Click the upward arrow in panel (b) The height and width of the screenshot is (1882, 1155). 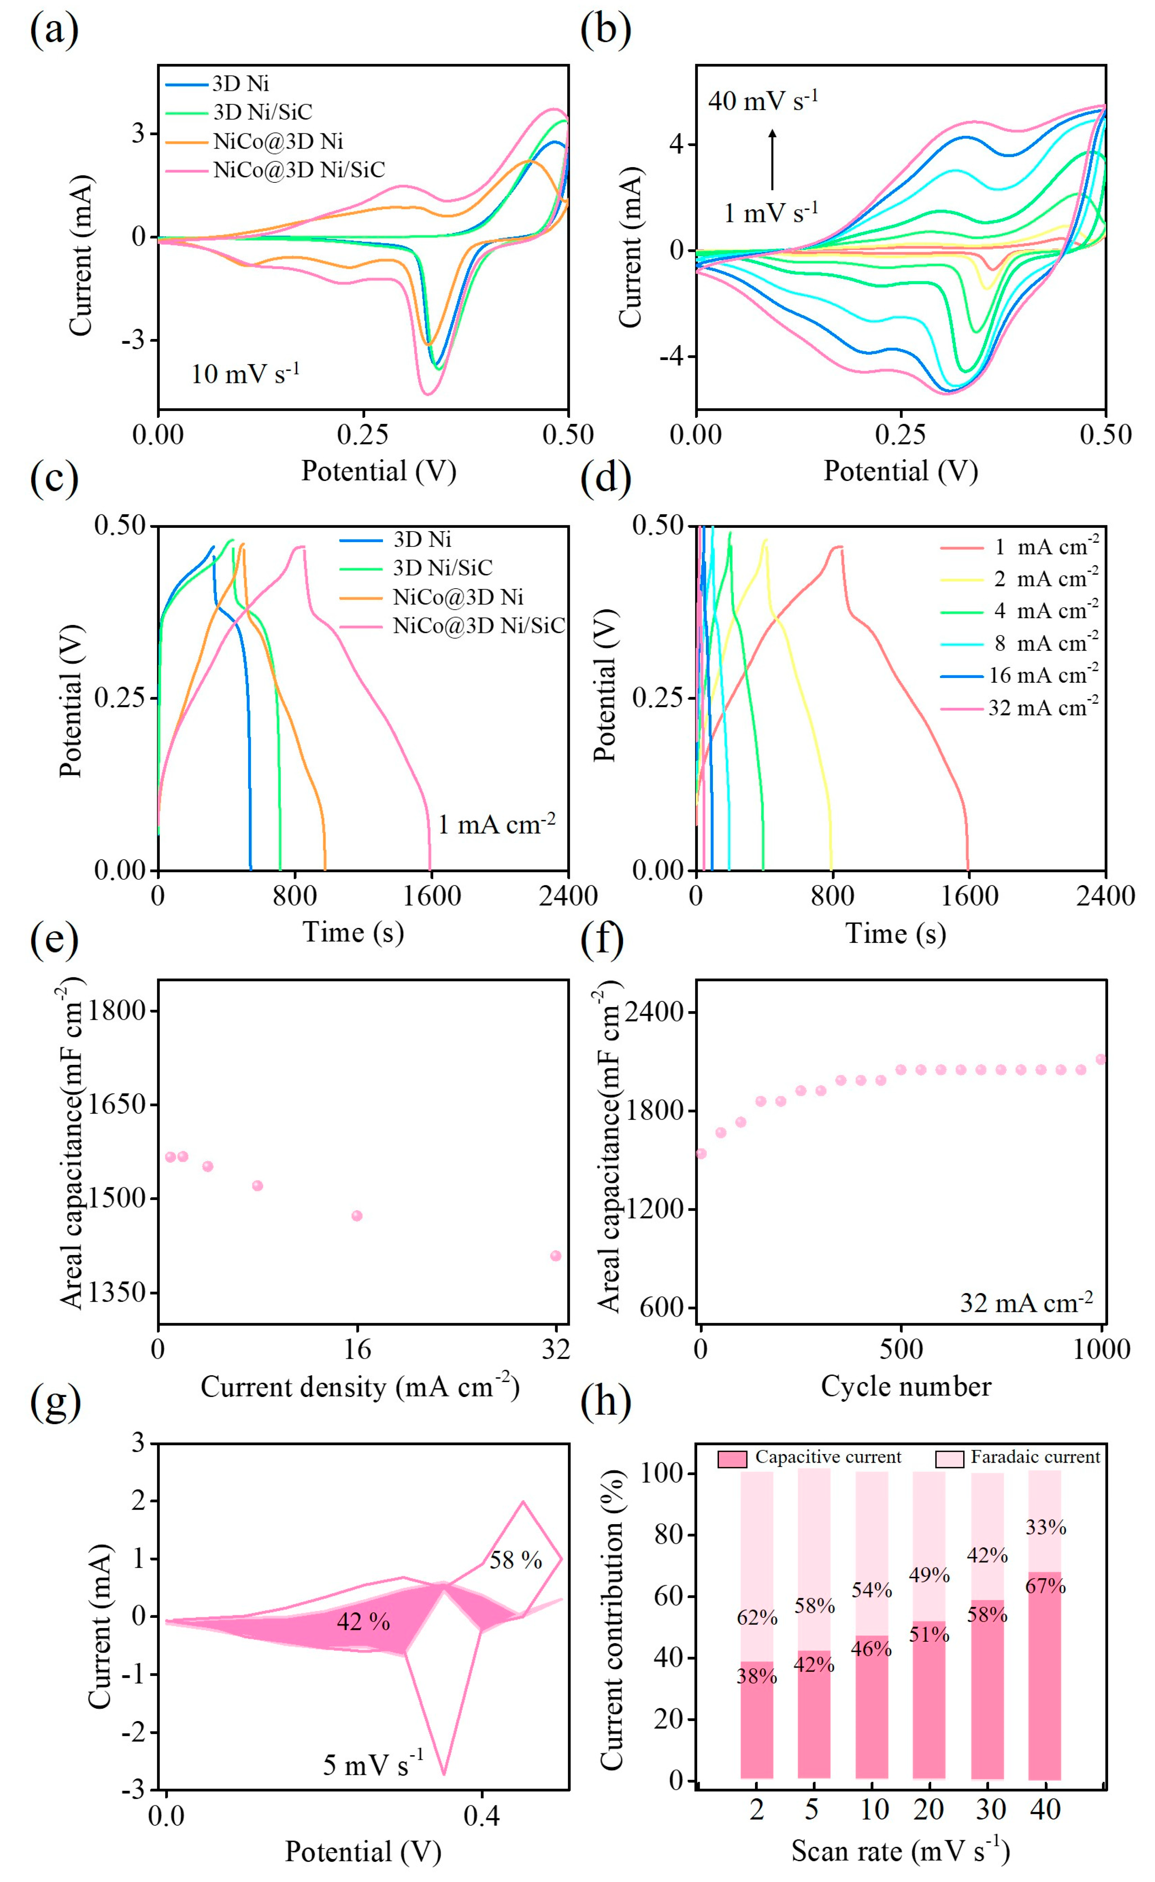[x=772, y=159]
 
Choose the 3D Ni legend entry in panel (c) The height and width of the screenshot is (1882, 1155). [x=422, y=539]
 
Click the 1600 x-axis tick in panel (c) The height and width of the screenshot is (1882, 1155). [x=432, y=895]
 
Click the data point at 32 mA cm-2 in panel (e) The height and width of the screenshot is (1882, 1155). [x=556, y=1256]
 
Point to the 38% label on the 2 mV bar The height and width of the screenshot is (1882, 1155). [x=756, y=1676]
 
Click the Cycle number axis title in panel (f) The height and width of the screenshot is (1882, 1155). [x=906, y=1386]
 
